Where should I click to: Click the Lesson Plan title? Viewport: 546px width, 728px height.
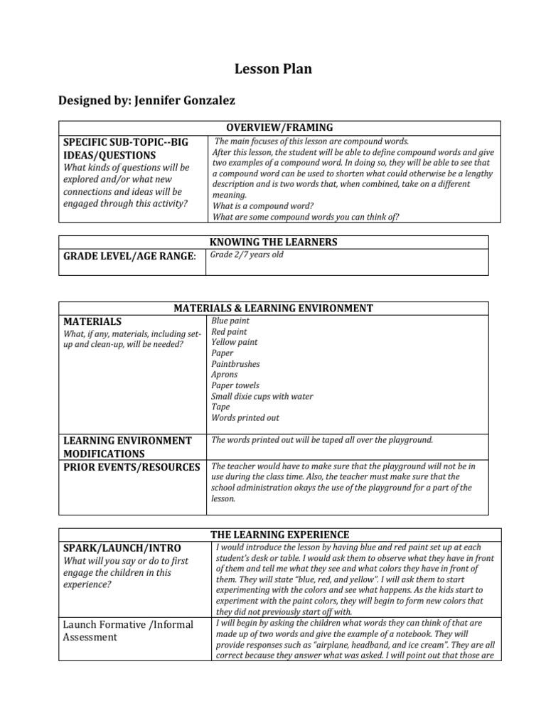273,69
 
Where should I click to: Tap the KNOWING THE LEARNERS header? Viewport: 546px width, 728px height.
274,242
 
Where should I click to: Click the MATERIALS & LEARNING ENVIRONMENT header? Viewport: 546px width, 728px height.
274,309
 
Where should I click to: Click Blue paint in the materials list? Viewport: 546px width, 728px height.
230,321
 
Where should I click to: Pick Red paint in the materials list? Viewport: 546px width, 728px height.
230,332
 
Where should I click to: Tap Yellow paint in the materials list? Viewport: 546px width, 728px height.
235,343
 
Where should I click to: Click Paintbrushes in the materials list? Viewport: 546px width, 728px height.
235,364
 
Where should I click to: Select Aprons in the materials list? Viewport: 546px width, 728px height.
225,375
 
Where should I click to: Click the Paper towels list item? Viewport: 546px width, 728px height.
235,385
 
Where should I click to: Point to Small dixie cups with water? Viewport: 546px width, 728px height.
262,397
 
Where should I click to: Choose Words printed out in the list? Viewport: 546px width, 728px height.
245,418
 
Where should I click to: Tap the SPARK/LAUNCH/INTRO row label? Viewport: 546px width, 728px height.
122,548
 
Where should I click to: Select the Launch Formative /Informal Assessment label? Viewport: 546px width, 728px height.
128,631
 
